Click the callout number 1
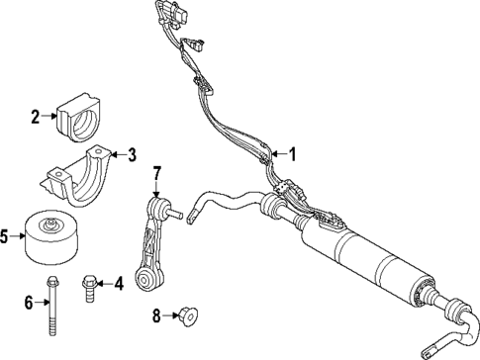[290, 153]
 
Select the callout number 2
[36, 117]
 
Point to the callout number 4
[118, 285]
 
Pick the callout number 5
[5, 236]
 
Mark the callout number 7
[156, 176]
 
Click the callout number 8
[156, 316]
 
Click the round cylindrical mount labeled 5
[51, 237]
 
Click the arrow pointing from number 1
[277, 153]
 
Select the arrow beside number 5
[16, 236]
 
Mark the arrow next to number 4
[106, 285]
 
